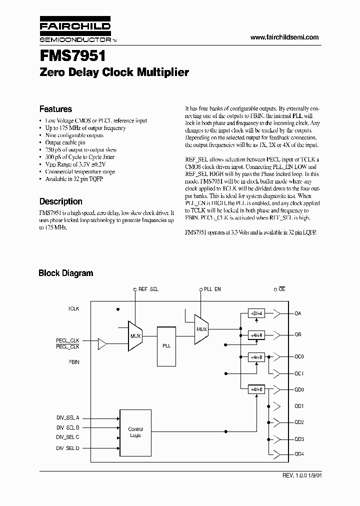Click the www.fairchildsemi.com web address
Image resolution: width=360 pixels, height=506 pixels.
click(x=283, y=37)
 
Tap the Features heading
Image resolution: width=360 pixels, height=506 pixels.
click(x=55, y=109)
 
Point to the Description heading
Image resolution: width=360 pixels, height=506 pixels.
click(x=60, y=201)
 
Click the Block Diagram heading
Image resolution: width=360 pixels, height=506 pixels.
click(x=66, y=273)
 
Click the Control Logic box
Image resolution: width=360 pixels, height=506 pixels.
click(x=135, y=432)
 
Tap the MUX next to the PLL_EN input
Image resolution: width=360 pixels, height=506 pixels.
click(x=201, y=329)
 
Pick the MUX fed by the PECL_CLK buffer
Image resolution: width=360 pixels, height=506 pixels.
click(x=135, y=335)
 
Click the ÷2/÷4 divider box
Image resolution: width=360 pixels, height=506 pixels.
click(x=255, y=313)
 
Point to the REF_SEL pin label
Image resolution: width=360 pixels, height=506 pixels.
click(x=148, y=289)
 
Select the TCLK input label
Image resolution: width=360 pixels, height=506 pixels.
click(x=73, y=309)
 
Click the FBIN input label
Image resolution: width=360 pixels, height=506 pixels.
click(x=73, y=360)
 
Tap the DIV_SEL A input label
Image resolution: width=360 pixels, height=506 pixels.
click(x=67, y=417)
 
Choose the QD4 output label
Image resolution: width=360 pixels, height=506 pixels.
click(x=299, y=453)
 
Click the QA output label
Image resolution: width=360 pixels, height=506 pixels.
click(x=298, y=313)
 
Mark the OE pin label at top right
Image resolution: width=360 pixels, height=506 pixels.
click(x=282, y=289)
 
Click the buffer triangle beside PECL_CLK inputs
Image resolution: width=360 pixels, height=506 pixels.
click(x=102, y=343)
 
